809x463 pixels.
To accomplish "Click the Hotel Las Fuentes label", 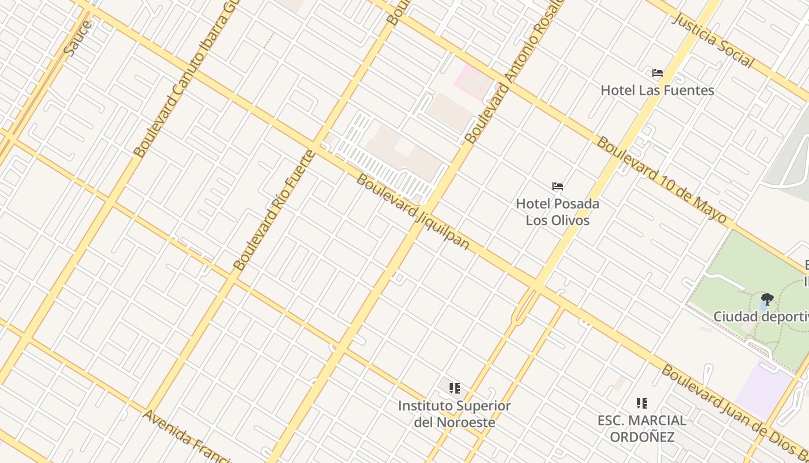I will pyautogui.click(x=657, y=90).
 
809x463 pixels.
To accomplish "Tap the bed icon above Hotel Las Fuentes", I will pyautogui.click(x=657, y=73).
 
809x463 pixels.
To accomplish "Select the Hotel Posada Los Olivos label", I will pyautogui.click(x=557, y=212).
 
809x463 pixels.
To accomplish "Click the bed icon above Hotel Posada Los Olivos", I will pyautogui.click(x=557, y=186).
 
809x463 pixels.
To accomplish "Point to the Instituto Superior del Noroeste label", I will pyautogui.click(x=454, y=414).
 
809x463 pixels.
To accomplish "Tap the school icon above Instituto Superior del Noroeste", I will pyautogui.click(x=454, y=388).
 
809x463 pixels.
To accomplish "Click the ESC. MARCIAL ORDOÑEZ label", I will pyautogui.click(x=641, y=428).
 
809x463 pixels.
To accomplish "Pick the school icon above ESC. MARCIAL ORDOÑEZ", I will pyautogui.click(x=641, y=403).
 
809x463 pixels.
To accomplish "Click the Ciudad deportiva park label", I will pyautogui.click(x=760, y=317).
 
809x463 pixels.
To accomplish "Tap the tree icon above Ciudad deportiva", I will pyautogui.click(x=767, y=299).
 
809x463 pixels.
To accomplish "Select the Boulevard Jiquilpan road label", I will pyautogui.click(x=412, y=211).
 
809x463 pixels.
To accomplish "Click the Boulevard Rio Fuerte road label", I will pyautogui.click(x=274, y=211).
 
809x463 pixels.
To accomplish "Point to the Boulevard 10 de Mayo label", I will pyautogui.click(x=661, y=179).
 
